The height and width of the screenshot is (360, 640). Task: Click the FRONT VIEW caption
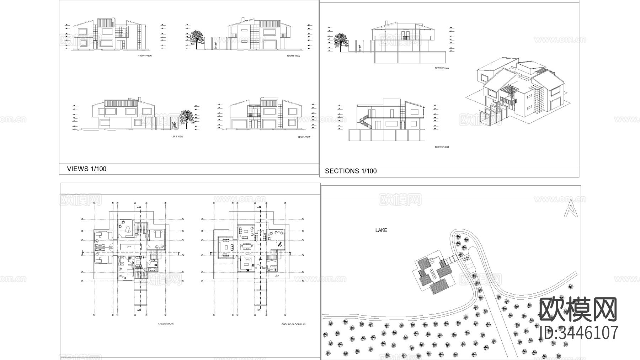coord(145,56)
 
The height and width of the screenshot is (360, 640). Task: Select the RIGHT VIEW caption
coord(293,56)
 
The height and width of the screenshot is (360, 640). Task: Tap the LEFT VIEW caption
coord(177,137)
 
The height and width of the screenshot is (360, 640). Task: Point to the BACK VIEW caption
coord(304,137)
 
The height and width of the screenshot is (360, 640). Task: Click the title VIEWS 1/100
coord(86,169)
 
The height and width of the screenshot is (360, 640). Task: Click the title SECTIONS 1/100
coord(351,171)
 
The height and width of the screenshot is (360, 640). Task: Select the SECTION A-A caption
coord(442,68)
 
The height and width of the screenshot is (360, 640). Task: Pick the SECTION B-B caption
coord(442,147)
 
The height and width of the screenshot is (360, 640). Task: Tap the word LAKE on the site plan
coord(381,230)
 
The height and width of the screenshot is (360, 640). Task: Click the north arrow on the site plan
coord(571,208)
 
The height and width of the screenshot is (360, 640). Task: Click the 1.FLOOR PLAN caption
coord(165,324)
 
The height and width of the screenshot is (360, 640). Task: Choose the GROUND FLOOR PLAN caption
coord(293,324)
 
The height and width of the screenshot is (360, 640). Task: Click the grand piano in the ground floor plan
coord(279,243)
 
